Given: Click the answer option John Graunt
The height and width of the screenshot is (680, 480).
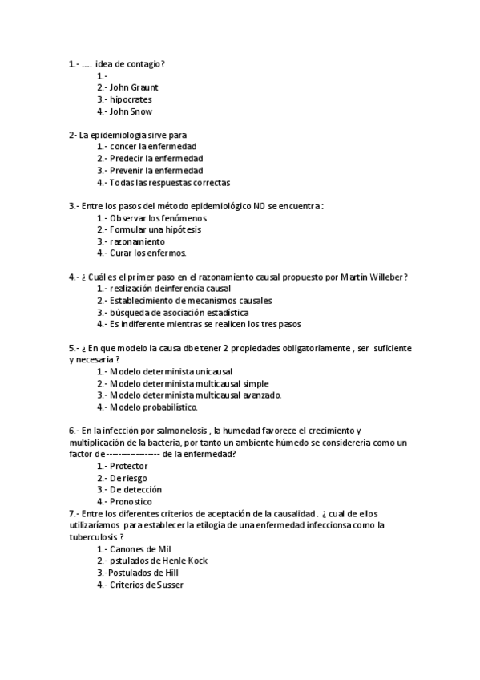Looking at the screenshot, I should coord(133,87).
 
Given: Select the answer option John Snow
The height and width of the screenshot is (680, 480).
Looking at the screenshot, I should coord(131,111).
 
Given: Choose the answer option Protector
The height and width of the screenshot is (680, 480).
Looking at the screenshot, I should coord(129,466).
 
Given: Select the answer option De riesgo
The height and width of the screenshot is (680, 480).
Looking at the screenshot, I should coord(128,478).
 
